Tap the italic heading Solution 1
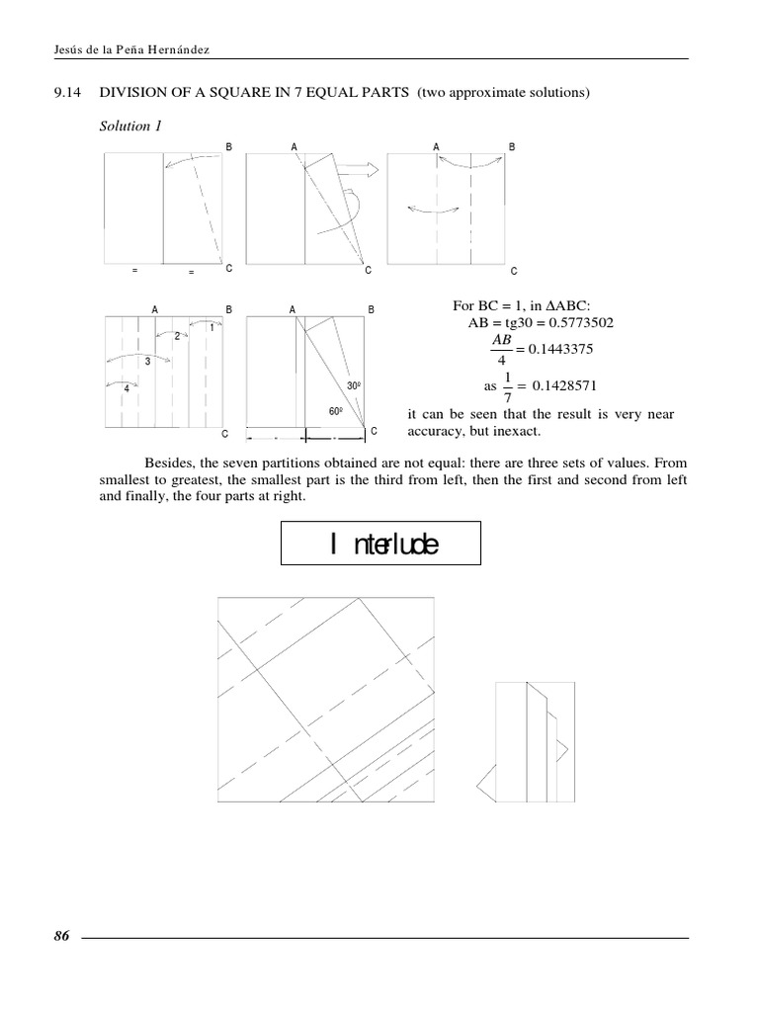pos(126,126)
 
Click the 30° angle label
pos(353,385)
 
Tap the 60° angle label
pos(335,410)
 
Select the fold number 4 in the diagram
pos(126,388)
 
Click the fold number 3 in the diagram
pos(147,363)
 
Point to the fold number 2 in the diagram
pos(177,336)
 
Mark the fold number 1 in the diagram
pos(211,327)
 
